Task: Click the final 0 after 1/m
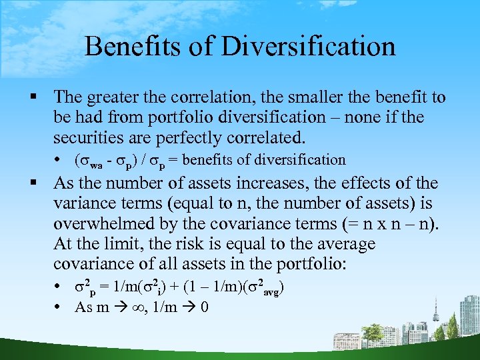[x=204, y=307]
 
